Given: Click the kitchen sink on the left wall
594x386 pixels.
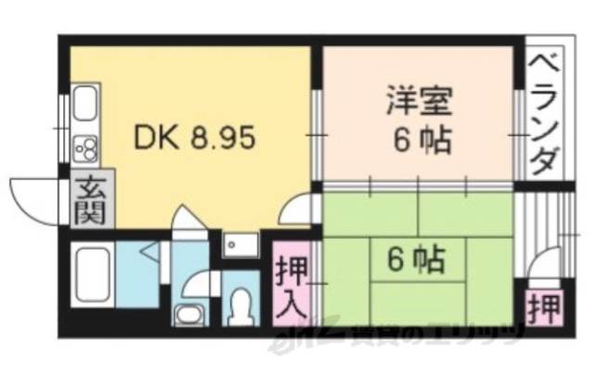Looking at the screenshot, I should coord(84,109).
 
